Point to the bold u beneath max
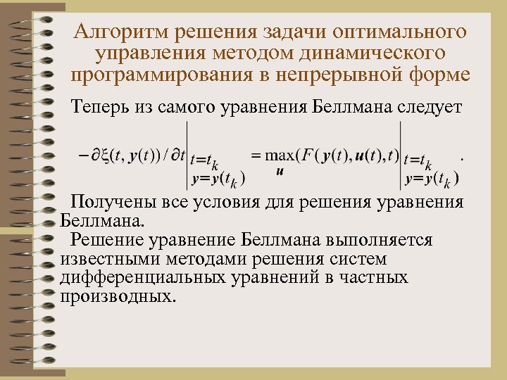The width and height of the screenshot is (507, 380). (x=280, y=171)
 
